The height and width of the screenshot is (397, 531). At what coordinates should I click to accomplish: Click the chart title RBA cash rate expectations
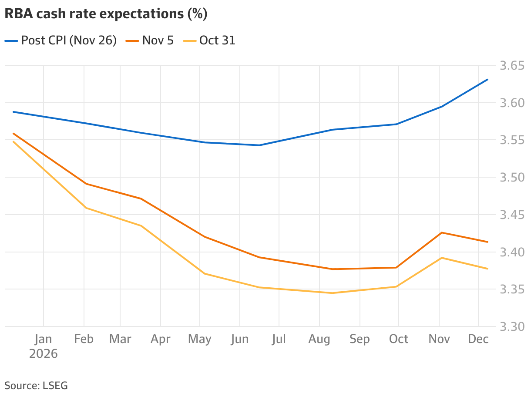tap(106, 14)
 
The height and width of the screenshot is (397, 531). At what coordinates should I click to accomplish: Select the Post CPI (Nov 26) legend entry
tap(61, 40)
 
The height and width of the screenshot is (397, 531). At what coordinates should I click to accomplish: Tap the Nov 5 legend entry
tap(150, 40)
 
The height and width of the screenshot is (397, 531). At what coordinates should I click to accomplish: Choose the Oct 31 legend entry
tap(209, 40)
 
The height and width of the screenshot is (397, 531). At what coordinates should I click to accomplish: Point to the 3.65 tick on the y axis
tap(511, 66)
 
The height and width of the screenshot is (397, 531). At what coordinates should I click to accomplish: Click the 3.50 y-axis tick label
tap(511, 178)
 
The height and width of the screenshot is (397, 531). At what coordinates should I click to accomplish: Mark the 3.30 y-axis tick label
tap(511, 326)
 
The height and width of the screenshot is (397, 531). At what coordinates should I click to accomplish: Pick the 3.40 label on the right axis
tap(511, 252)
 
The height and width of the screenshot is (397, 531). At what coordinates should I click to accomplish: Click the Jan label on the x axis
tap(44, 339)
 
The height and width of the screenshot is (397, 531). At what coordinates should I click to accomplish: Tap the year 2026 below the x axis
tap(44, 353)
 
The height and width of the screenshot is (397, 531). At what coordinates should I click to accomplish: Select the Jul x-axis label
tap(279, 339)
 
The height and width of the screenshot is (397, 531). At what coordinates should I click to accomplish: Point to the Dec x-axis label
tap(478, 339)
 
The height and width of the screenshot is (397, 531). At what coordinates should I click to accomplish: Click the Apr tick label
tap(160, 339)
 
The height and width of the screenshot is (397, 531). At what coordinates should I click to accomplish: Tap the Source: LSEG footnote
tap(36, 385)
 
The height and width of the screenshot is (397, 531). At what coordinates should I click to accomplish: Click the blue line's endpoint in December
tap(487, 80)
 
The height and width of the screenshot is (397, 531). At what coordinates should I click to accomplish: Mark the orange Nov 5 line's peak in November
tap(442, 232)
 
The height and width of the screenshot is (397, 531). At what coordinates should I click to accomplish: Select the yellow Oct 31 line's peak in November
tap(442, 258)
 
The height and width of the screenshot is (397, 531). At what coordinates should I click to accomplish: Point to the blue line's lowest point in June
tap(259, 145)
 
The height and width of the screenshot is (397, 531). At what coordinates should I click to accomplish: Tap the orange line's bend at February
tap(86, 184)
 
